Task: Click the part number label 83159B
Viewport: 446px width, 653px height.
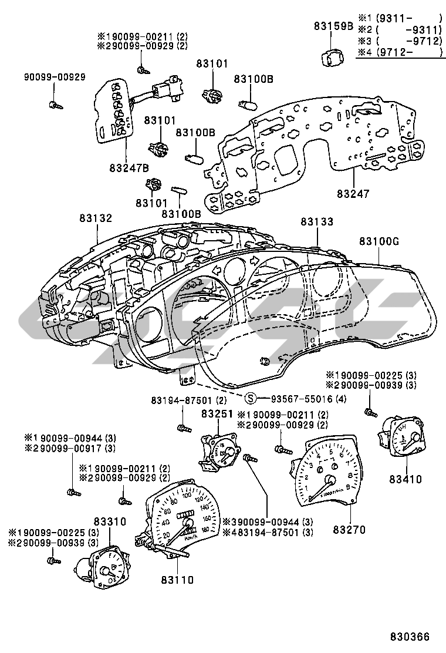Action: coord(333,26)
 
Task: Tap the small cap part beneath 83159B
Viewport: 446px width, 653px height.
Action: coord(333,58)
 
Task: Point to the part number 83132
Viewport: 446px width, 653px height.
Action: coord(96,218)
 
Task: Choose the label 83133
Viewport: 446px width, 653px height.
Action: coord(317,222)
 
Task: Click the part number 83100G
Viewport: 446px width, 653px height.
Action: coord(379,241)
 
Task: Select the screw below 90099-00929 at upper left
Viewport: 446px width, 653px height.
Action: coord(54,106)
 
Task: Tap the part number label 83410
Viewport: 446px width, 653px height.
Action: coord(404,479)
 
